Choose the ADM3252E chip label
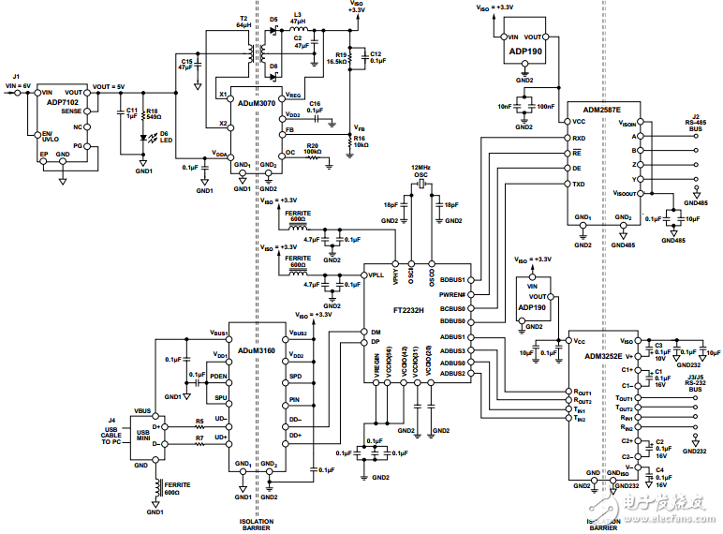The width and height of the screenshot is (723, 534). (603, 355)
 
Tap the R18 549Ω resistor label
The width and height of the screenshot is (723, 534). (152, 114)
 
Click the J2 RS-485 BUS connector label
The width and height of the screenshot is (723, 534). (695, 123)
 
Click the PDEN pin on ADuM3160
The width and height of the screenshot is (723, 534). (218, 376)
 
